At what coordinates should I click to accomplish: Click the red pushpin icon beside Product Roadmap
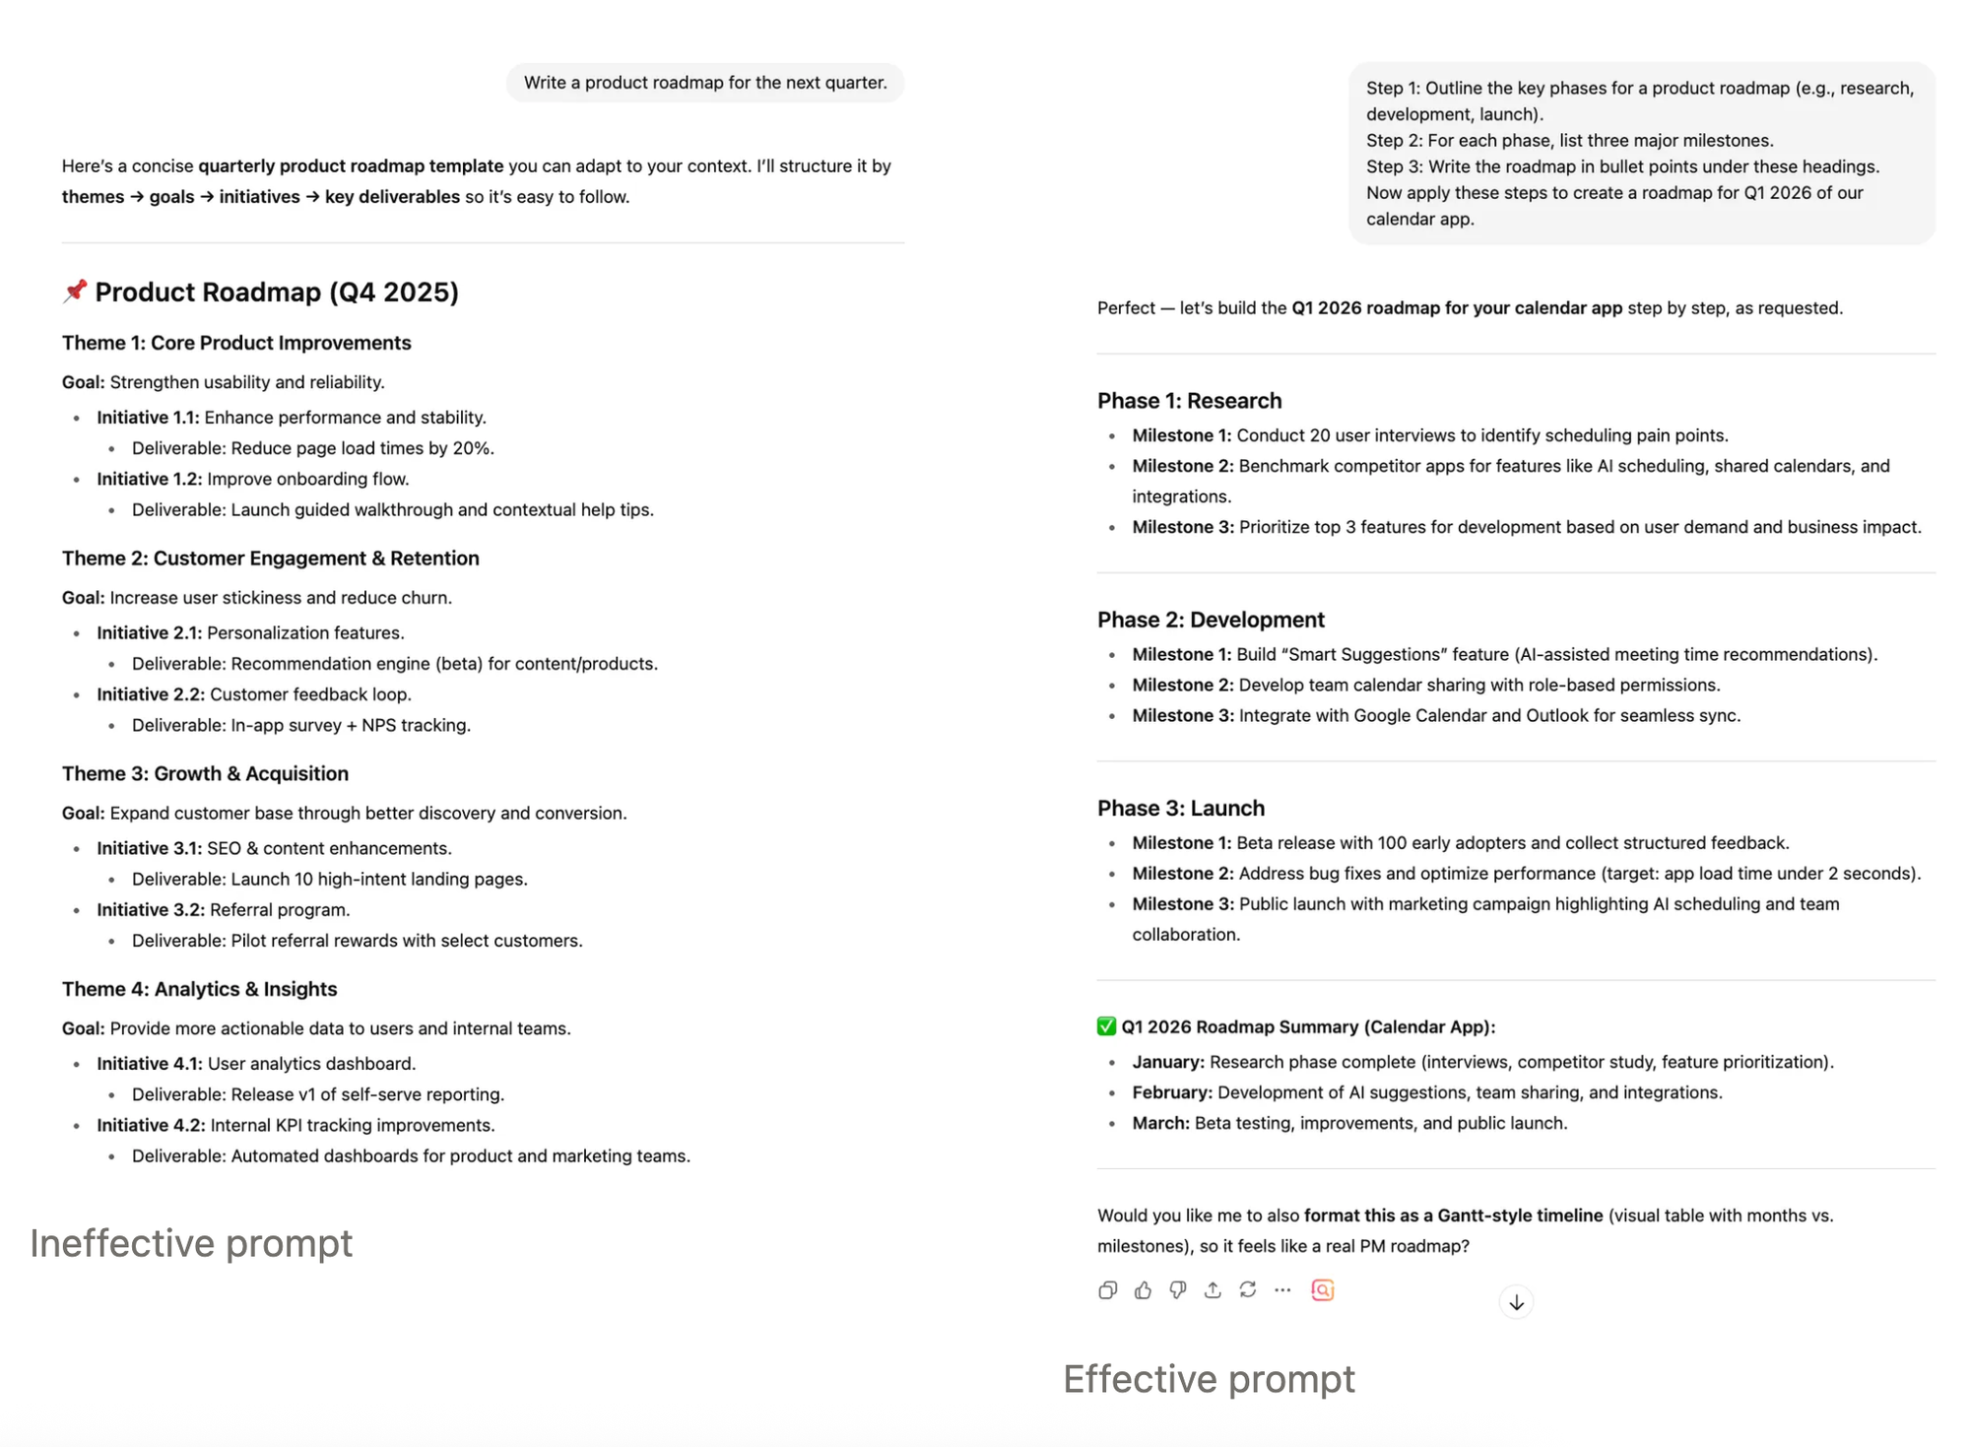pos(75,291)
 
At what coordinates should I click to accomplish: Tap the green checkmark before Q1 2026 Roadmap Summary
pos(1106,1026)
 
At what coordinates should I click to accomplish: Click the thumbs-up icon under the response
pos(1143,1290)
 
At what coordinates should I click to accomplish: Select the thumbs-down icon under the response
pos(1178,1290)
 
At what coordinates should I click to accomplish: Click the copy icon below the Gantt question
pos(1108,1290)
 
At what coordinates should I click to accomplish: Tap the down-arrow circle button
pos(1516,1302)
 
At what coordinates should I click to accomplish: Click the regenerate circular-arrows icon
pos(1248,1290)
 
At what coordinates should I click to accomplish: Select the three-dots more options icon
pos(1282,1290)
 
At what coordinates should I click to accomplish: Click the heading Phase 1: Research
pos(1189,401)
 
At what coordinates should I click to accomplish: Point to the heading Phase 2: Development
pos(1211,620)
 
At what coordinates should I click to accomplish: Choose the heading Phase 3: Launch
pos(1180,808)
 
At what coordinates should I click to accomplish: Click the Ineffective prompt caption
pos(191,1243)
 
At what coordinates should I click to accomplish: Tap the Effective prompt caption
pos(1209,1379)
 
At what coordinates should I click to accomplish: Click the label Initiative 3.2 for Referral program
pos(150,910)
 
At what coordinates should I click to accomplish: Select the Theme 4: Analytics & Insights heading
pos(199,989)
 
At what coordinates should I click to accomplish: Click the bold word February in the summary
pos(1171,1092)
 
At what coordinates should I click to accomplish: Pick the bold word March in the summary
pos(1160,1123)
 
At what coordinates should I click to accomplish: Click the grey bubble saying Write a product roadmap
pos(705,83)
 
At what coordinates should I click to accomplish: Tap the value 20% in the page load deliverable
pos(472,448)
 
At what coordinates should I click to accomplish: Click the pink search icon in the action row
pos(1323,1290)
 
